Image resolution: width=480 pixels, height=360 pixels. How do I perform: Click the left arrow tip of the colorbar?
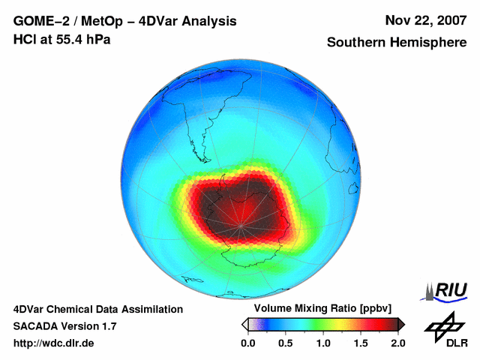(x=244, y=324)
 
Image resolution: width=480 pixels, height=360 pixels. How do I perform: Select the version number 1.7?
(x=108, y=326)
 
